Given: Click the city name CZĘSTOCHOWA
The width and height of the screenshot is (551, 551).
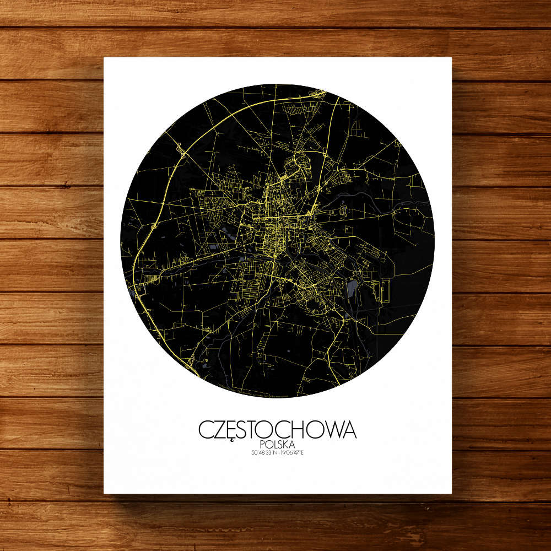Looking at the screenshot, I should click(x=277, y=430).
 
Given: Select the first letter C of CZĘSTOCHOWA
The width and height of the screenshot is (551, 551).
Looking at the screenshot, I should click(x=206, y=430).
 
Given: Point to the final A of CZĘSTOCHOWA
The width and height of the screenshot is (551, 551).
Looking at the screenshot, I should click(x=349, y=430).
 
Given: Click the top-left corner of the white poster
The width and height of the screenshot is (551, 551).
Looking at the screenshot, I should click(x=105, y=58).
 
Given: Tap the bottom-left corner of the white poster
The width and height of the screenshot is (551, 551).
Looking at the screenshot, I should click(x=105, y=493).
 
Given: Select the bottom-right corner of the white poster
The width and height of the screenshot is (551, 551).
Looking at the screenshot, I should click(x=451, y=493).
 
